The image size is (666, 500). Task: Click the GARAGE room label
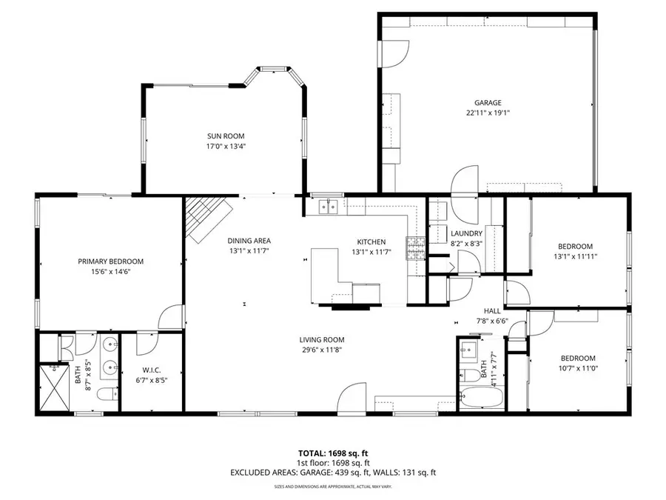tap(488, 103)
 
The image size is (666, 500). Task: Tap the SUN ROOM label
tap(225, 136)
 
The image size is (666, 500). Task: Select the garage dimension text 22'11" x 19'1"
tap(488, 113)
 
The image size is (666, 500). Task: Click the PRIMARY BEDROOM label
tap(110, 261)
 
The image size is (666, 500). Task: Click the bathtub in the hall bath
tap(480, 398)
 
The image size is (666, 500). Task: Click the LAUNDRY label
tap(466, 233)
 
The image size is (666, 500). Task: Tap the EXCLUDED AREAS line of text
tap(332, 472)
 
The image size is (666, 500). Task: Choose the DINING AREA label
tap(249, 241)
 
